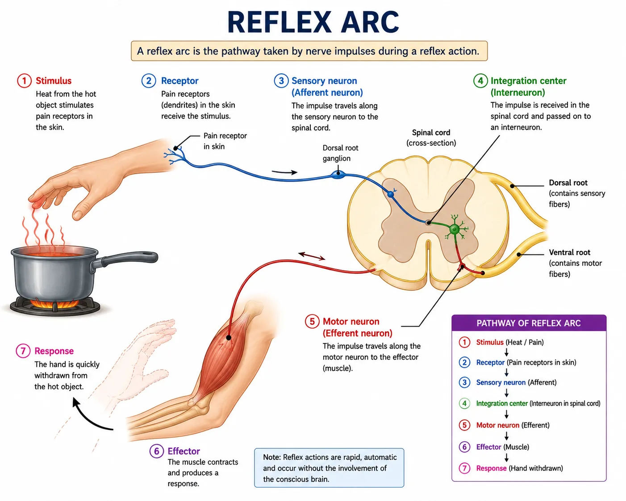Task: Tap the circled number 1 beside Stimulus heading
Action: pos(25,80)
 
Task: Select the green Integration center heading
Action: pos(528,87)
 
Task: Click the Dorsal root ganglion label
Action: pos(340,153)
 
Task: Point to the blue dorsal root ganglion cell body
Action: pos(338,175)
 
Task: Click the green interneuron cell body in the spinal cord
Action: pos(455,230)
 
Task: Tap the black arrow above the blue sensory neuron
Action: pos(284,172)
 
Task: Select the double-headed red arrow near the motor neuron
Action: pos(312,256)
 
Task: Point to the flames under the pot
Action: pos(54,304)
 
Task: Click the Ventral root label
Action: pos(569,252)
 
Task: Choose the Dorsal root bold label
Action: pos(568,183)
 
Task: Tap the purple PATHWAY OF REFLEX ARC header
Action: pos(529,323)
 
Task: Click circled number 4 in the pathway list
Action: pos(464,403)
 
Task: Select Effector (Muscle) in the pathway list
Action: pos(502,447)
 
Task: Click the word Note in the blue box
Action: pos(271,457)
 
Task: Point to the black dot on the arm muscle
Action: pos(229,338)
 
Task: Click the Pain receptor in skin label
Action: pos(225,141)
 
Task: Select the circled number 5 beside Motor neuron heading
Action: pos(312,321)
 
